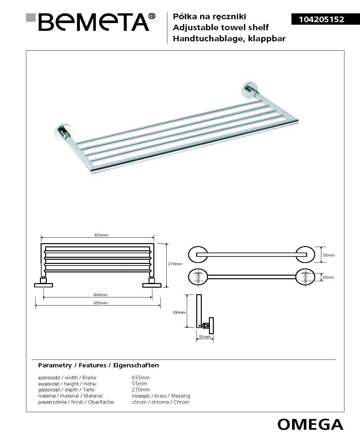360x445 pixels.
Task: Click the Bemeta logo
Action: click(x=94, y=22)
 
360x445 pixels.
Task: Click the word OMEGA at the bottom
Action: click(x=310, y=424)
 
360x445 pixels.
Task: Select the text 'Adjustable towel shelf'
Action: click(x=221, y=27)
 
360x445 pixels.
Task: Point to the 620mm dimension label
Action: click(x=101, y=235)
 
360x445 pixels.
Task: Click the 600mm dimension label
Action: click(x=100, y=295)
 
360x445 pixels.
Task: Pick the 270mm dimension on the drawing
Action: click(x=175, y=264)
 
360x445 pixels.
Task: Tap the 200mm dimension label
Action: click(x=179, y=312)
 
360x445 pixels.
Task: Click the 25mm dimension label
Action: click(x=328, y=277)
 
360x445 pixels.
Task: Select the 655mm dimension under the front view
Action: click(x=100, y=303)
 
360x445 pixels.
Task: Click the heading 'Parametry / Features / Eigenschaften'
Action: click(x=98, y=365)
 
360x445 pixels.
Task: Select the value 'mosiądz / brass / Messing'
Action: click(x=161, y=396)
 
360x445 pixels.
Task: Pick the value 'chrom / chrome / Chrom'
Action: click(x=160, y=402)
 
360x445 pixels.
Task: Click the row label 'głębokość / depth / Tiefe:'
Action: click(x=67, y=390)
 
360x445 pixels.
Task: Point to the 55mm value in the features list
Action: click(x=139, y=384)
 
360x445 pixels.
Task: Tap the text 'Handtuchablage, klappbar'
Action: click(x=229, y=39)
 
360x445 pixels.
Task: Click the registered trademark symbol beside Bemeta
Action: click(x=152, y=16)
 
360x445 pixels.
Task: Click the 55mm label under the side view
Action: click(x=205, y=337)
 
